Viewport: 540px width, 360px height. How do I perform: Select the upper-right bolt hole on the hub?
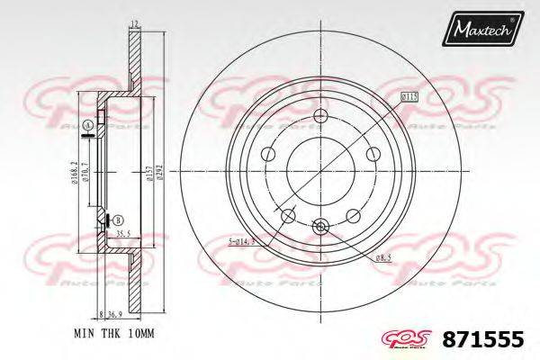[x=374, y=157]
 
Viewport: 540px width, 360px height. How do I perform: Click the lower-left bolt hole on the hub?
[x=288, y=216]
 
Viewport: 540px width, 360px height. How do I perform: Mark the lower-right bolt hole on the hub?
[x=354, y=216]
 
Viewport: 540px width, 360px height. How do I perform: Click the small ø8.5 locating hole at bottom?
[x=321, y=229]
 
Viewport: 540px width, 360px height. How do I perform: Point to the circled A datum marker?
[x=87, y=124]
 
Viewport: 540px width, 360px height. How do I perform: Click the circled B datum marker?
[x=119, y=219]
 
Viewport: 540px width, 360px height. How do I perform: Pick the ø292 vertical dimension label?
[x=159, y=174]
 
